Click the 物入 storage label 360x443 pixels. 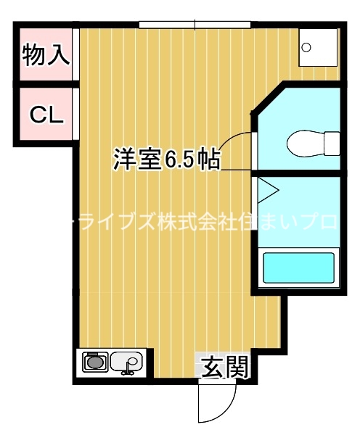[x=46, y=55]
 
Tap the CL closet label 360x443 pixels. [x=46, y=114]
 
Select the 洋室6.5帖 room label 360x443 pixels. [x=166, y=159]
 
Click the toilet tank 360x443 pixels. [x=332, y=142]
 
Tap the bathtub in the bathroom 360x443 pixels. [x=298, y=268]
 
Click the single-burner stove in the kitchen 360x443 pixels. [x=95, y=361]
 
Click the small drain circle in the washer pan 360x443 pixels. [x=307, y=48]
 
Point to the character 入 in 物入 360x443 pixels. [x=58, y=55]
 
